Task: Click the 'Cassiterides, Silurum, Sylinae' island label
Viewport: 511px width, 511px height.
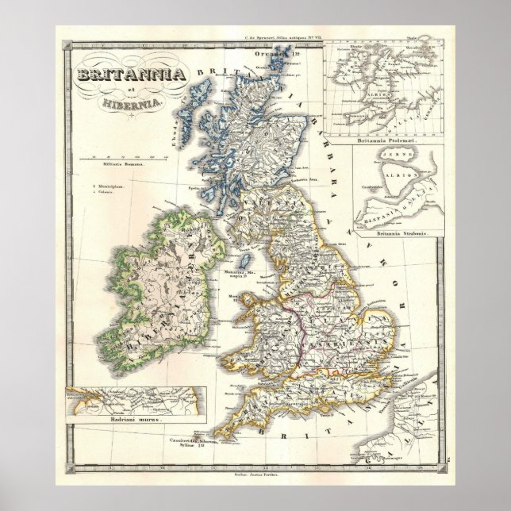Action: tap(197, 441)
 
